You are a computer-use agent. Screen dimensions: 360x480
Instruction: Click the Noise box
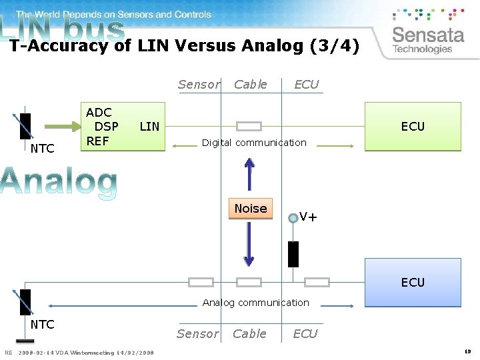point(251,209)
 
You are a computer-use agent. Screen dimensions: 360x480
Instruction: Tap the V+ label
point(308,217)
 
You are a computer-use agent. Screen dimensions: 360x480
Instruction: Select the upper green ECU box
point(413,126)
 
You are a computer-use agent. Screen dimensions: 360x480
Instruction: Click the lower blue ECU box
point(413,282)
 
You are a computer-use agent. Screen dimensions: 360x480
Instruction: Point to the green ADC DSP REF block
point(123,127)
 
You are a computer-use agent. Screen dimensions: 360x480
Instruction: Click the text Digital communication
point(254,143)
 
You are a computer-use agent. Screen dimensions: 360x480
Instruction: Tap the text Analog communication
point(256,303)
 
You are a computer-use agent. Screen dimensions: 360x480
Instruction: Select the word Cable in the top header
point(251,84)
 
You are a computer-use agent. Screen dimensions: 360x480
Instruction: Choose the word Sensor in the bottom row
point(197,333)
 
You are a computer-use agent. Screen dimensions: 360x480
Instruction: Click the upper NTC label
point(43,149)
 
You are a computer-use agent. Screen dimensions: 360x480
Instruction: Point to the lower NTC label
point(43,325)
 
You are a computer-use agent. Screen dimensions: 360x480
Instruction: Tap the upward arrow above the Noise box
point(249,175)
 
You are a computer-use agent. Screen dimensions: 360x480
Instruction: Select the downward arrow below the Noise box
point(249,244)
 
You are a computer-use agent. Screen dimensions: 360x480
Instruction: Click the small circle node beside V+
point(293,217)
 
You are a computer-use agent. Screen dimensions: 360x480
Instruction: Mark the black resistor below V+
point(293,254)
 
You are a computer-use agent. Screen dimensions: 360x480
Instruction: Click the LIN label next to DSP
point(149,126)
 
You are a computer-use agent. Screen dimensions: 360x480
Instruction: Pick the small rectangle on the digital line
point(249,126)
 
